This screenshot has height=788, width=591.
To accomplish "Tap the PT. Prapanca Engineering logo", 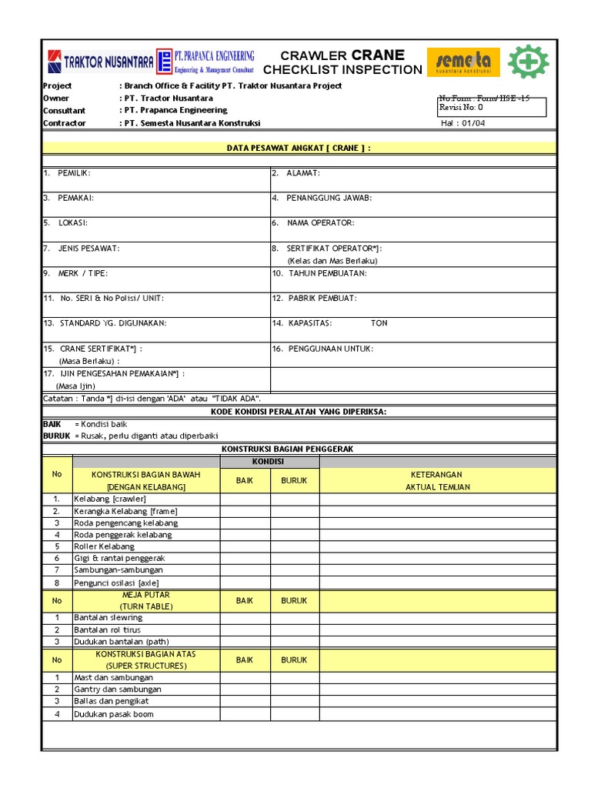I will [205, 62].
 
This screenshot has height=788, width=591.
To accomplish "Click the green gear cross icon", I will [529, 62].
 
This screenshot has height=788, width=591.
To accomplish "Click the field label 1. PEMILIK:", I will [67, 173].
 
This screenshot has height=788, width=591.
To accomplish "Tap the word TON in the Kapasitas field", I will [379, 323].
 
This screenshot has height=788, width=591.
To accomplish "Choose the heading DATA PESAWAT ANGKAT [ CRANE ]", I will [299, 148].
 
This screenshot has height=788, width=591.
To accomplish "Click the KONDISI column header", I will [269, 462].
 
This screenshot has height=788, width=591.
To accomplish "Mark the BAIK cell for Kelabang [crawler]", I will [245, 499].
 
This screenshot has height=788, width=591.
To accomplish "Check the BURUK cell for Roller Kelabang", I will [294, 546].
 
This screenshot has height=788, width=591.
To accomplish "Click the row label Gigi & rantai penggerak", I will [119, 558].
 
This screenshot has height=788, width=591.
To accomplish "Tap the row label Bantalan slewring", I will [108, 618].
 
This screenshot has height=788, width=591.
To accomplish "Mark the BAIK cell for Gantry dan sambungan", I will [245, 689].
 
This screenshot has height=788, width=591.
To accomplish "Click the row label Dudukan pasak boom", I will [113, 714].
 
